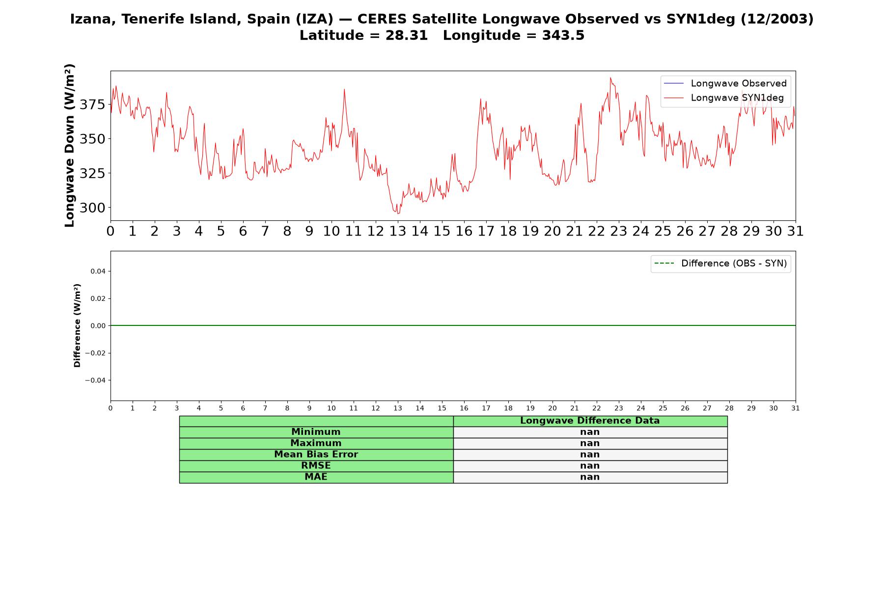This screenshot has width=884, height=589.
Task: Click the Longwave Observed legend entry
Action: click(x=725, y=83)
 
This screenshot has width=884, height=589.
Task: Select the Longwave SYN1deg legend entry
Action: click(x=724, y=98)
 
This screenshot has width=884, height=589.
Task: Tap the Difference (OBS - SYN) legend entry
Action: click(x=721, y=264)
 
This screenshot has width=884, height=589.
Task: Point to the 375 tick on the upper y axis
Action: click(x=92, y=105)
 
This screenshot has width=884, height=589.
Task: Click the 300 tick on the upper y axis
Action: click(x=92, y=208)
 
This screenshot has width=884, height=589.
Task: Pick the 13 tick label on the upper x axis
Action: click(x=398, y=231)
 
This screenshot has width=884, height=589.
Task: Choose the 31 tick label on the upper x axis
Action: click(x=796, y=231)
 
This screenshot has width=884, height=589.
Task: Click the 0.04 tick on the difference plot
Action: click(x=98, y=271)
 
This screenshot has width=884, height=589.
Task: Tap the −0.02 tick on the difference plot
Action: click(x=96, y=353)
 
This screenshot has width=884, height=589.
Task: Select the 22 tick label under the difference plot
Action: click(x=597, y=408)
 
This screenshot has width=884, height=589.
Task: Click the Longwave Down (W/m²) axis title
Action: click(x=70, y=145)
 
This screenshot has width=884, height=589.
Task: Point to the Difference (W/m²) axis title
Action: click(x=77, y=325)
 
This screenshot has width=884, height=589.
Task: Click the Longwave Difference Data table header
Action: click(x=590, y=421)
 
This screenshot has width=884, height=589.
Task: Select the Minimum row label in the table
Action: click(x=316, y=432)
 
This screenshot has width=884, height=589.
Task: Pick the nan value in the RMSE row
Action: click(x=590, y=466)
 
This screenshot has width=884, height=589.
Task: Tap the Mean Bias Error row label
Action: click(x=316, y=455)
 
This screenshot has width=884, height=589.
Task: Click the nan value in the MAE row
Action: click(x=590, y=477)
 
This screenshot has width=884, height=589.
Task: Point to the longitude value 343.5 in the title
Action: click(x=563, y=35)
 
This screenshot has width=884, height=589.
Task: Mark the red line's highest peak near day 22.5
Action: click(x=610, y=78)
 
